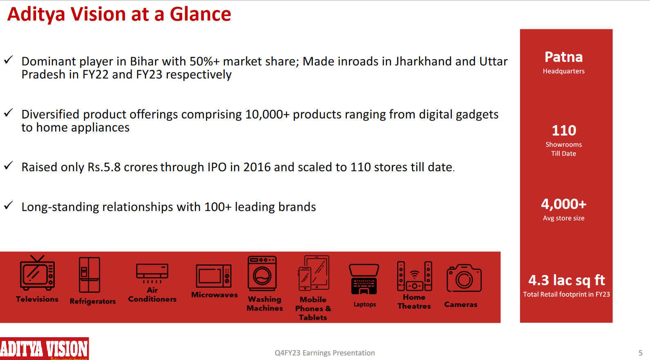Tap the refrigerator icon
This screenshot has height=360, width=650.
[x=89, y=275]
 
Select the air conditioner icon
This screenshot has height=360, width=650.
[x=152, y=273]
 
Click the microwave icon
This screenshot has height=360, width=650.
[x=214, y=276]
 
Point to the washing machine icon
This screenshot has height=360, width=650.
[x=262, y=273]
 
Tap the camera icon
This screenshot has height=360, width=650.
[x=464, y=278]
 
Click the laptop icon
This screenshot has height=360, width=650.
[x=364, y=279]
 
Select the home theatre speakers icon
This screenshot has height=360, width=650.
[x=414, y=276]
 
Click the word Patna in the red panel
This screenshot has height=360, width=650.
[x=563, y=57]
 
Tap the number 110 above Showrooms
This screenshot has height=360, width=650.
[x=564, y=130]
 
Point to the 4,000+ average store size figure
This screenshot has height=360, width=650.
[x=563, y=203]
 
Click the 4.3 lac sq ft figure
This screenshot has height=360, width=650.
[x=566, y=280]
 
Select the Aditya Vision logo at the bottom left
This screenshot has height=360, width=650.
[x=44, y=349]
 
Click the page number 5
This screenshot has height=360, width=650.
[x=640, y=353]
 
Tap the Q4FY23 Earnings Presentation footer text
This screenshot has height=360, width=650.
[x=324, y=353]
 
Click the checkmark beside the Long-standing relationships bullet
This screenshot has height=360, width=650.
[x=9, y=205]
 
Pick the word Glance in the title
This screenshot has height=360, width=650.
[x=200, y=14]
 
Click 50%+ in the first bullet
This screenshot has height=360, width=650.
[x=204, y=61]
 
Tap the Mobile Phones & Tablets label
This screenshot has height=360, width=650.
[x=313, y=309]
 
